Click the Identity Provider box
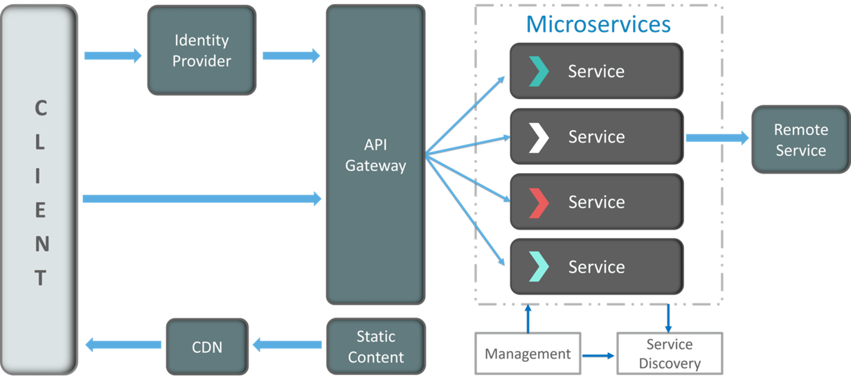[x=201, y=50]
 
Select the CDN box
[x=207, y=347]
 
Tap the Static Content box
[x=376, y=346]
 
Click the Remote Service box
[x=801, y=140]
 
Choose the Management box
[x=528, y=354]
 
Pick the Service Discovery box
[x=670, y=354]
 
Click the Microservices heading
[x=598, y=24]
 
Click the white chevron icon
[x=539, y=138]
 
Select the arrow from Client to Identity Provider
[x=113, y=56]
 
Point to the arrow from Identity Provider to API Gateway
[x=292, y=56]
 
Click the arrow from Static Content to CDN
[x=287, y=345]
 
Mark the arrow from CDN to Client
[x=123, y=345]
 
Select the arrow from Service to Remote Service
[x=717, y=138]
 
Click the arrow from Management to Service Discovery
[x=598, y=356]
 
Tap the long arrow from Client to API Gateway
[x=202, y=199]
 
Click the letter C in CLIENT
[x=41, y=108]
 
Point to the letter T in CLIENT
[x=41, y=278]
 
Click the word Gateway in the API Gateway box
[x=376, y=166]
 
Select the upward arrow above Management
[x=528, y=318]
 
